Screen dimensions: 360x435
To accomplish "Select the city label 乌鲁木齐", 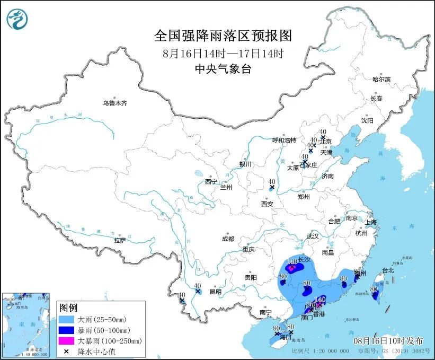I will click(115, 103).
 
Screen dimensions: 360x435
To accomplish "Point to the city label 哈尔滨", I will click(380, 80).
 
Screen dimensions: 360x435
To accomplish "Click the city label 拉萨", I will click(120, 240).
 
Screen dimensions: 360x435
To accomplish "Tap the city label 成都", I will click(228, 239).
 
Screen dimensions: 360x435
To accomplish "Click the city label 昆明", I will click(216, 292).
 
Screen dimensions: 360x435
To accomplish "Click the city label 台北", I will click(387, 270).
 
